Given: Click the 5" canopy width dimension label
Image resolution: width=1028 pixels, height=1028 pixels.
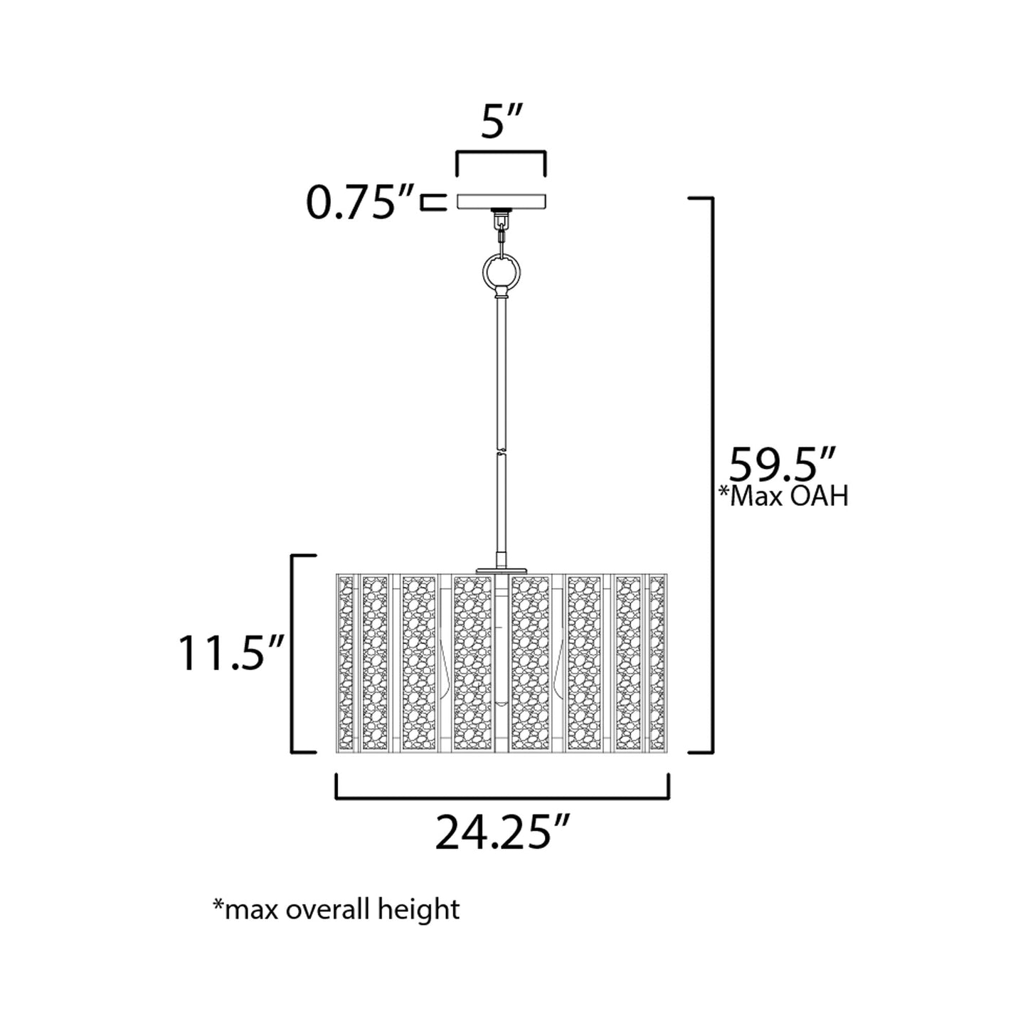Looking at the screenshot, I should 502,122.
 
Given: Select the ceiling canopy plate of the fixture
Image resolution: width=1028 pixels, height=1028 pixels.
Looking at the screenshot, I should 502,201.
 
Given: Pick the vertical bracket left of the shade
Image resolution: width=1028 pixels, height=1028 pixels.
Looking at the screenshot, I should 294,653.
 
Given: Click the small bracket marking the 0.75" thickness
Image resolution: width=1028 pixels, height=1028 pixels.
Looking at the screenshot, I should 429,202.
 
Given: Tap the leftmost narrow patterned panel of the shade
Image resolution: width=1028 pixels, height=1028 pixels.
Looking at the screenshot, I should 346,663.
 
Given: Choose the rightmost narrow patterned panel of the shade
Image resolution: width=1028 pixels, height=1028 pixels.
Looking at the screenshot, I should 657,663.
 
